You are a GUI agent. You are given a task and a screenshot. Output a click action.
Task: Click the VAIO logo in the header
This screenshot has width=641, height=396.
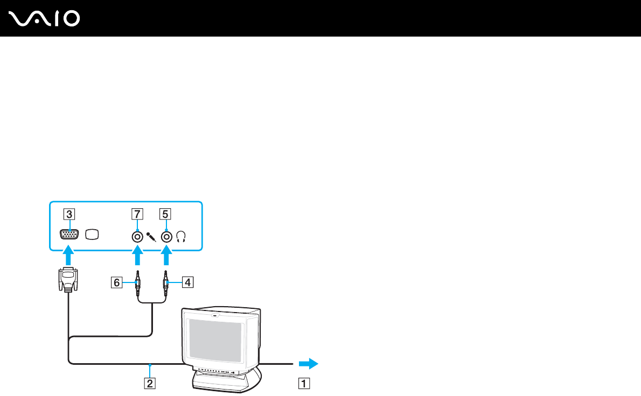tap(45, 18)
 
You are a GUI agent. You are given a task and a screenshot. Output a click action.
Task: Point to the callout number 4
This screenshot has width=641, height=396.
tap(185, 281)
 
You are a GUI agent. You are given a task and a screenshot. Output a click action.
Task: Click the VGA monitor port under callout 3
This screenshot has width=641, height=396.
tap(69, 235)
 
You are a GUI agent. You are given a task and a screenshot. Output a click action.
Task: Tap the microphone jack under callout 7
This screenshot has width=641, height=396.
tap(138, 236)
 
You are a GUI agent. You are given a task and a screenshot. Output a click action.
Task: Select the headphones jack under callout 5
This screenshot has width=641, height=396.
tap(167, 236)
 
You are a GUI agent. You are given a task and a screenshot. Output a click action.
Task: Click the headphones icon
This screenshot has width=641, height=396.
tap(181, 236)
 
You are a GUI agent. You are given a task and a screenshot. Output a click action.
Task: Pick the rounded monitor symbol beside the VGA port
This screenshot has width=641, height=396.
tap(93, 235)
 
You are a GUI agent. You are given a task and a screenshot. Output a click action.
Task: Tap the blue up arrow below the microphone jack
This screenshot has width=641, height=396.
tap(138, 256)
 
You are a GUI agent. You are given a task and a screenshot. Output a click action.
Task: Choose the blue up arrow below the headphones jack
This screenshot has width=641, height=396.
tap(167, 256)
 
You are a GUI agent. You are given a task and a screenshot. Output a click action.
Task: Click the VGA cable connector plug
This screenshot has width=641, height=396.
tap(68, 280)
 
